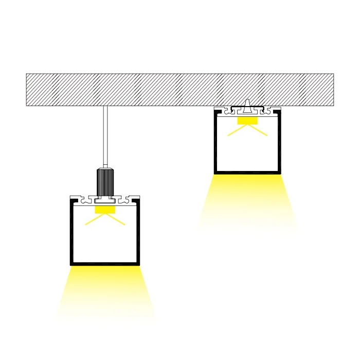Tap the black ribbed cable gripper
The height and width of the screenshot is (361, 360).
coord(105,182)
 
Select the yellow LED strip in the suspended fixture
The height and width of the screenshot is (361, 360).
coord(104,210)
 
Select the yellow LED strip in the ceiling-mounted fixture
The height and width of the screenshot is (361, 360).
coord(247,121)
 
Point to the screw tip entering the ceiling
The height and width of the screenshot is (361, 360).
coord(248,103)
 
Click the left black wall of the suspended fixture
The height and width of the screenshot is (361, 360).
coord(71,232)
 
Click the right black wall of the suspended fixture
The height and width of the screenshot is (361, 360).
coord(138,232)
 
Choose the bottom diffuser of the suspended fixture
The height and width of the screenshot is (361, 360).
coord(105,264)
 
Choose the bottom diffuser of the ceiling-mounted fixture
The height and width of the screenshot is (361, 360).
coord(247,173)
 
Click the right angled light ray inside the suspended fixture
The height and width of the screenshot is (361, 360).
coord(116,220)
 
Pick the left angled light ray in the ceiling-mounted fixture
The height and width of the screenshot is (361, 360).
coord(236,131)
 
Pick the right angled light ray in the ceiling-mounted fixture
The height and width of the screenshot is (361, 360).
coord(259,131)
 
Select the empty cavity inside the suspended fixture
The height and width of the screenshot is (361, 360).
coord(105,242)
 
